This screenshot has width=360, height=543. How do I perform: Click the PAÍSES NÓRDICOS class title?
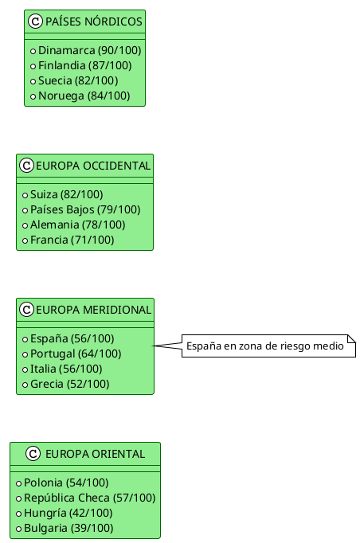tap(94, 21)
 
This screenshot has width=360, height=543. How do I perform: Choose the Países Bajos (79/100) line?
tap(85, 209)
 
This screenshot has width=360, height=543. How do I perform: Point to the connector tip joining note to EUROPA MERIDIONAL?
tap(155, 346)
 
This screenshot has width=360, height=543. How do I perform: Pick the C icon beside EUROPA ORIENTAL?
tap(33, 454)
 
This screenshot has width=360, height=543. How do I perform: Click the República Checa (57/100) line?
tap(89, 498)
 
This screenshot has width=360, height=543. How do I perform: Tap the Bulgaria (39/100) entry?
tap(72, 528)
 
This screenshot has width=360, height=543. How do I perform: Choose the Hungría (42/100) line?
tap(72, 513)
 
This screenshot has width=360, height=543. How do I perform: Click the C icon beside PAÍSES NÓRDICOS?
tap(35, 21)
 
